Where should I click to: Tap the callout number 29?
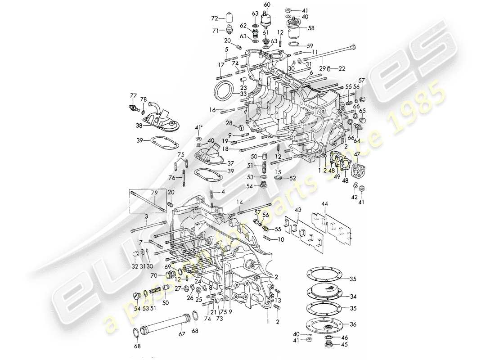pos(322,68)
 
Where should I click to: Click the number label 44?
pos(324,204)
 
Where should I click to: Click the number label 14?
pos(239,201)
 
